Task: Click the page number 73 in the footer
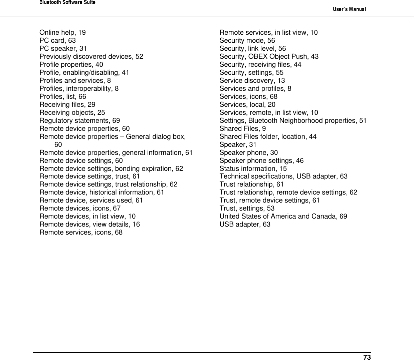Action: [367, 357]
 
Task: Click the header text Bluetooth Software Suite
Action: [67, 3]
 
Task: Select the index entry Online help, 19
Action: [62, 32]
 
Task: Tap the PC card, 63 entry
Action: [57, 40]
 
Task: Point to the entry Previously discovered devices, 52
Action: [91, 56]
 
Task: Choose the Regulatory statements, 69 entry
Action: [79, 120]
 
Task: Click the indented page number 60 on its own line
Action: [58, 144]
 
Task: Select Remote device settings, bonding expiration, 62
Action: [111, 168]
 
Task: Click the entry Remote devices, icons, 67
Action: [80, 208]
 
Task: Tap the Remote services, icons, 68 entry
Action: [81, 232]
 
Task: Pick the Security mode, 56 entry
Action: [247, 40]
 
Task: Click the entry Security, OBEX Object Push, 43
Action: [269, 56]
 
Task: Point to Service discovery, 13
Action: [252, 80]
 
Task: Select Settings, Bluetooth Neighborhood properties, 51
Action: [293, 120]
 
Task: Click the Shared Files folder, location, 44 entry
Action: [268, 136]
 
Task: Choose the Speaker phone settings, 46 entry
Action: [261, 160]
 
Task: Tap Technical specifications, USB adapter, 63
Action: [283, 176]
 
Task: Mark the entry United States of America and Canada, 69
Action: [283, 216]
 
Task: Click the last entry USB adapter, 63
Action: [245, 224]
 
